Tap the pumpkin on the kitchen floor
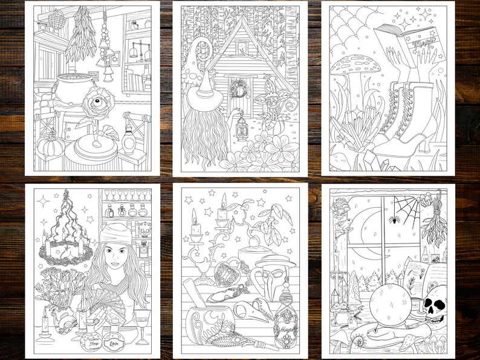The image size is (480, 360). (46, 147)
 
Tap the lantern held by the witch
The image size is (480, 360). (242, 127)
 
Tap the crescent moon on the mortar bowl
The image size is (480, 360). (199, 317)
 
